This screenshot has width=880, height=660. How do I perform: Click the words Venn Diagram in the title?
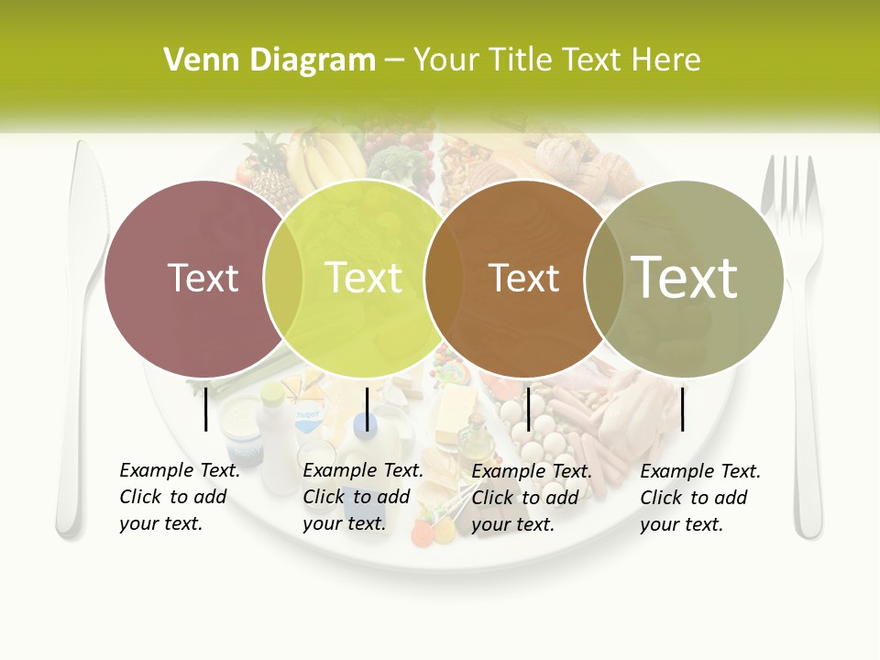pos(269,60)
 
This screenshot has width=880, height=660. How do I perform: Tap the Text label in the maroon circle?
pos(203,278)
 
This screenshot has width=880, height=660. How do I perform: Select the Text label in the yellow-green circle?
pos(364,278)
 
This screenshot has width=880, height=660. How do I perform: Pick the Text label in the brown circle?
pos(523,278)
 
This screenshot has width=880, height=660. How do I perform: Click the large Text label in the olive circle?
pos(685,278)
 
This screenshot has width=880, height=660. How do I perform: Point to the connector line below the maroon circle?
pos(205,408)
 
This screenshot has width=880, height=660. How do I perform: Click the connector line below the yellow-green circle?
pos(367,408)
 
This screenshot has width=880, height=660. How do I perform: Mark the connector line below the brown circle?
pos(528,408)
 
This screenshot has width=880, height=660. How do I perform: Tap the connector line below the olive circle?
pos(683,408)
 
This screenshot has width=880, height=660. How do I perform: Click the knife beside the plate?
pos(74,339)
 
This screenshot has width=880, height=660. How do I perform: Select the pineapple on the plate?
pos(266,165)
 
